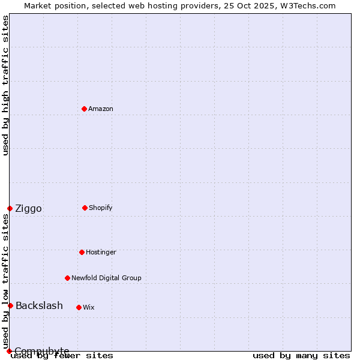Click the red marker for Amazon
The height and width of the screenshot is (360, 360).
[84, 109]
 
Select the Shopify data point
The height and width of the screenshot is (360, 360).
[85, 208]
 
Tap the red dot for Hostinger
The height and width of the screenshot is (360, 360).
[82, 252]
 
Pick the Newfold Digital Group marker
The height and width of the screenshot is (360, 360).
[67, 278]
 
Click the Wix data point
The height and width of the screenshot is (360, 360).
[79, 307]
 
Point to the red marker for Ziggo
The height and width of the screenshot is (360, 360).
[10, 208]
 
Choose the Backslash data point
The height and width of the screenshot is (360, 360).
[10, 305]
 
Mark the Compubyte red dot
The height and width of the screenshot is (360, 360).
[9, 351]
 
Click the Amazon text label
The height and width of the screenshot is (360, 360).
[101, 109]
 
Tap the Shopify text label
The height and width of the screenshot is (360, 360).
[101, 208]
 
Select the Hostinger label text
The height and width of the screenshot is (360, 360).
[101, 252]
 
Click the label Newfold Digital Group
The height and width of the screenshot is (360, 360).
[106, 278]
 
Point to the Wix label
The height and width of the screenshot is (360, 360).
[89, 307]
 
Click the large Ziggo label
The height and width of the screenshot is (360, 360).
[29, 209]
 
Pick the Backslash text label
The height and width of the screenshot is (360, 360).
[39, 306]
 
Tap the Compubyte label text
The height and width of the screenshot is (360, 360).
[42, 351]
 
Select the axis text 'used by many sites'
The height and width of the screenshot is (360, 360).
[301, 355]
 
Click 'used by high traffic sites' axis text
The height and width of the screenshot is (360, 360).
[5, 85]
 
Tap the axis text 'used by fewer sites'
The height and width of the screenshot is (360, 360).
[62, 355]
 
